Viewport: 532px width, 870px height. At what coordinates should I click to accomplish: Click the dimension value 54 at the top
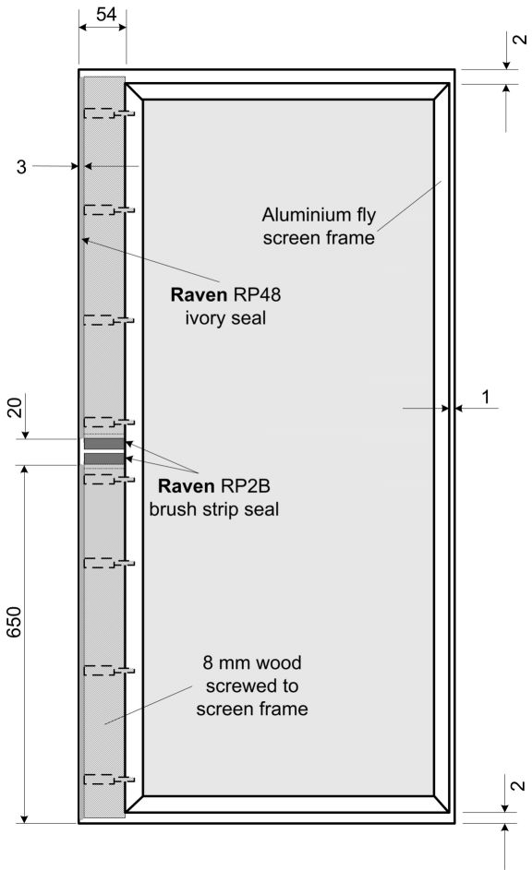(106, 14)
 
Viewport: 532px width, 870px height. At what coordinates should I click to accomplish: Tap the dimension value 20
(15, 407)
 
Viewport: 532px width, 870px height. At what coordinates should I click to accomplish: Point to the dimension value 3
(21, 166)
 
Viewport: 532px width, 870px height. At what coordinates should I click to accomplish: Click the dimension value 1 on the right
(486, 398)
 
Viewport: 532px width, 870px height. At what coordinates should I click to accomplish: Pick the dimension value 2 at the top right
(519, 39)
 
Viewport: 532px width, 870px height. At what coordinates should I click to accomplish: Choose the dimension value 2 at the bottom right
(517, 786)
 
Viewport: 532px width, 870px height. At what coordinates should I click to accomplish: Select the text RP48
(257, 294)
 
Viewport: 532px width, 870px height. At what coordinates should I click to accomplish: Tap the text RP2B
(246, 486)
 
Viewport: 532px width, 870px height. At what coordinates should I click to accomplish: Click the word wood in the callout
(278, 662)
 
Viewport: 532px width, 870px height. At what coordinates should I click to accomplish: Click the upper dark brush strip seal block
(103, 444)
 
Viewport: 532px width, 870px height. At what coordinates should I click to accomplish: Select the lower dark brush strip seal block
(103, 459)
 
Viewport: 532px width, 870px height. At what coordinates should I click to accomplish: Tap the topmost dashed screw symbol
(109, 113)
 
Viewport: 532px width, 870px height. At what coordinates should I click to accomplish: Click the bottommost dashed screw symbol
(109, 780)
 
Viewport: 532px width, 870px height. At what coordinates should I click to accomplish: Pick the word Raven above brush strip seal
(186, 486)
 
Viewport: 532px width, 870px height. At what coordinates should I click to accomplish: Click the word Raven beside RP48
(199, 294)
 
